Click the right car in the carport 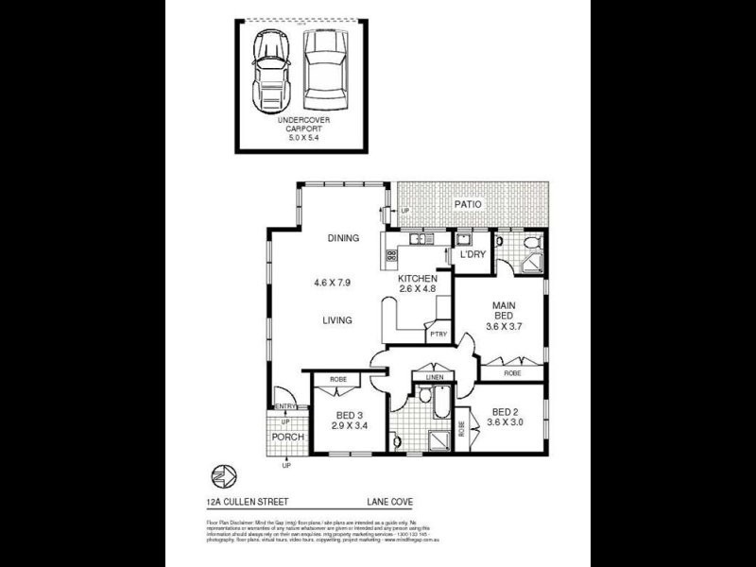pos(324,69)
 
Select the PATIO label pos(467,204)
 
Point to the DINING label pos(343,238)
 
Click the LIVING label pos(336,320)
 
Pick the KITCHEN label pos(417,279)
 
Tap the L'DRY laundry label pos(472,256)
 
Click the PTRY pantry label pos(437,335)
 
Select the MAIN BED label pos(502,311)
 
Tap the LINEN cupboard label pos(434,378)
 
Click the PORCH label pos(287,437)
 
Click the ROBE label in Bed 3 pos(338,379)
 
